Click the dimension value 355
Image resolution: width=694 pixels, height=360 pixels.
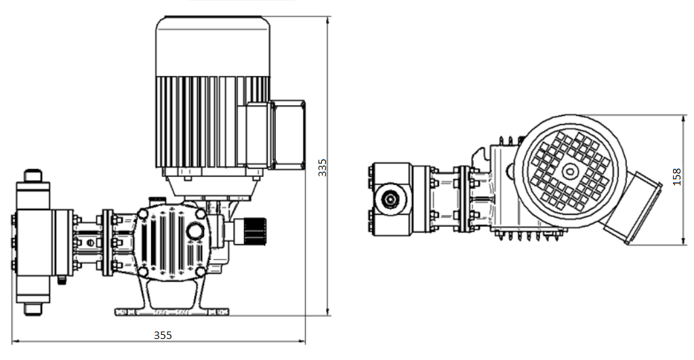tap(163, 335)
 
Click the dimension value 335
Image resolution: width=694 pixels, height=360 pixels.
tap(323, 168)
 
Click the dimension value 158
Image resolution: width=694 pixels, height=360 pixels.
tap(677, 177)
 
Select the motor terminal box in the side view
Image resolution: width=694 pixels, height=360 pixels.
tap(287, 135)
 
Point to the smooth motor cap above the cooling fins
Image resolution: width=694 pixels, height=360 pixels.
tap(213, 46)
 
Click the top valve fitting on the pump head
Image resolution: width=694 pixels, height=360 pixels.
tap(33, 176)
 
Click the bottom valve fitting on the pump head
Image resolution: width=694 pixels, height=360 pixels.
tap(33, 308)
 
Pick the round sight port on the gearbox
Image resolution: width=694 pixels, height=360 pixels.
tap(195, 231)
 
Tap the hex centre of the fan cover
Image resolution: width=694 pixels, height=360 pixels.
tap(569, 172)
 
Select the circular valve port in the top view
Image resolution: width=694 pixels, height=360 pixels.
tap(390, 199)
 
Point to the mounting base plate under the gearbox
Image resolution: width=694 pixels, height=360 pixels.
tap(172, 312)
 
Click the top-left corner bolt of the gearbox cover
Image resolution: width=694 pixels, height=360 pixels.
tap(142, 214)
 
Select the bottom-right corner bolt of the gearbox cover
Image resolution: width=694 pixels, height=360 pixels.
tap(201, 271)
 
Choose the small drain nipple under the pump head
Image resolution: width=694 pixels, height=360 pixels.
tap(62, 280)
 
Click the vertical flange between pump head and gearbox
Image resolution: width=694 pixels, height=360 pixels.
tap(108, 243)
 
